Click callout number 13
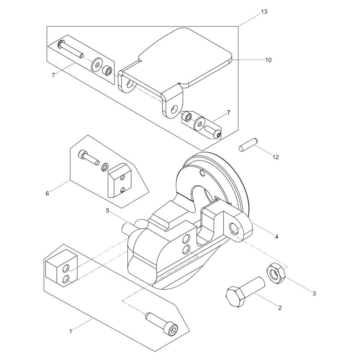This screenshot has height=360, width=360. point(264,12)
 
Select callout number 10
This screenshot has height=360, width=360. point(269,60)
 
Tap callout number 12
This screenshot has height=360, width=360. point(276,157)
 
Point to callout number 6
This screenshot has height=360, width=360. point(47,194)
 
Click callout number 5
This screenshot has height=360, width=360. point(108,211)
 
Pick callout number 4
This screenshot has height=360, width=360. point(276,237)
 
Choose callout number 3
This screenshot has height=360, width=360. point(314,293)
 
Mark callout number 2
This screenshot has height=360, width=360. point(280,308)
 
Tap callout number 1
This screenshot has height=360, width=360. point(71,331)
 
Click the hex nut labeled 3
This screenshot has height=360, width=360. point(276,273)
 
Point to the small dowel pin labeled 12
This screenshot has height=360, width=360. point(248,144)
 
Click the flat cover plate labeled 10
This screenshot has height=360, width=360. point(176,73)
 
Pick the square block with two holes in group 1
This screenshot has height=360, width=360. point(61,267)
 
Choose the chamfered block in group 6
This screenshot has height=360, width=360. point(120,180)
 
